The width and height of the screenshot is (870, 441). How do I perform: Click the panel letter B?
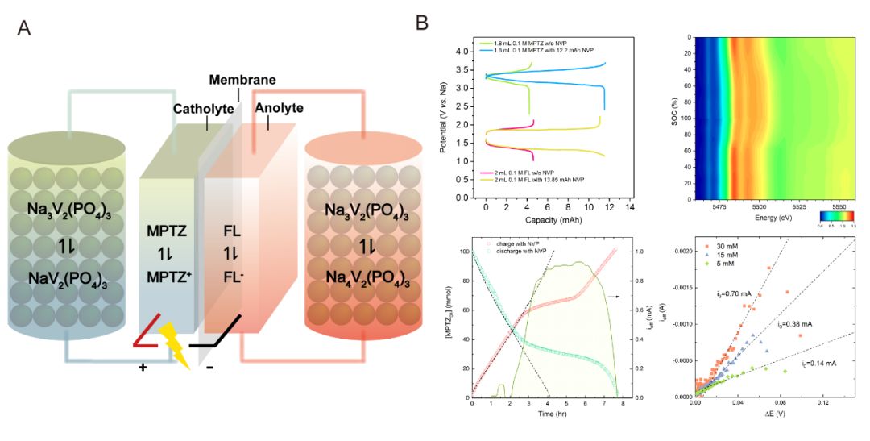(x=420, y=23)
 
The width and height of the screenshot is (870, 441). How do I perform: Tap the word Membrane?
(x=242, y=80)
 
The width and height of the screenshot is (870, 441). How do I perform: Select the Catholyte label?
(x=204, y=108)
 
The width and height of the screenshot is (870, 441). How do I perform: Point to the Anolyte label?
(x=279, y=108)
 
